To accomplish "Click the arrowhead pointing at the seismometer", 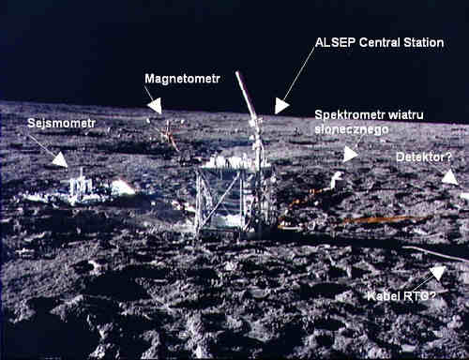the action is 60,159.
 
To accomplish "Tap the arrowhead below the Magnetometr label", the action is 155,106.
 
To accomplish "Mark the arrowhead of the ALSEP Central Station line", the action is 281,106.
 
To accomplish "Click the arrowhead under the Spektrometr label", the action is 351,152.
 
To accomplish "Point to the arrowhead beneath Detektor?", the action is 450,176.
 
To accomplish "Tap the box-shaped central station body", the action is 230,197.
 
